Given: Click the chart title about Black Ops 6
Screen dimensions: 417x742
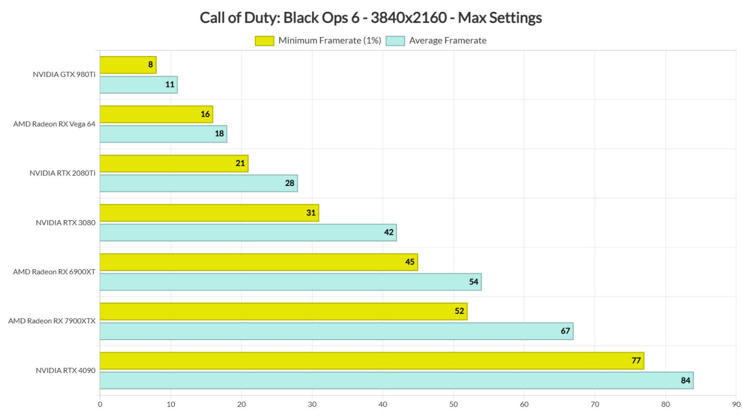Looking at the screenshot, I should [x=371, y=18].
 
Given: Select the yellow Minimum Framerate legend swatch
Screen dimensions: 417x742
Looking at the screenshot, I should [x=264, y=41].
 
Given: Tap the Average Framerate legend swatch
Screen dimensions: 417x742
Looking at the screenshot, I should [x=395, y=41].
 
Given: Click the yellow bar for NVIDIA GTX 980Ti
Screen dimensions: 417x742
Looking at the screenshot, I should [x=128, y=65].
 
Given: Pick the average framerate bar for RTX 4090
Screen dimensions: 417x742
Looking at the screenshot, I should [x=396, y=380].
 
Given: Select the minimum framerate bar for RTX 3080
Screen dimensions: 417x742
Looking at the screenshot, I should [x=209, y=213].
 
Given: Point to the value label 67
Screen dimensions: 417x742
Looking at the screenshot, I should [x=565, y=331].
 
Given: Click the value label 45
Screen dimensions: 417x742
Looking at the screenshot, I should [x=410, y=262].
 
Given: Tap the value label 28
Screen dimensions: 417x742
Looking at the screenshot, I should [x=289, y=183].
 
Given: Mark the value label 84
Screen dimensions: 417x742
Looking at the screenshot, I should [x=685, y=380].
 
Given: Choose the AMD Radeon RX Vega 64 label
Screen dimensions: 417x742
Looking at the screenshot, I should [x=54, y=124].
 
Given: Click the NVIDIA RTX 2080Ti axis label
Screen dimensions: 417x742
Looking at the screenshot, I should [x=62, y=173].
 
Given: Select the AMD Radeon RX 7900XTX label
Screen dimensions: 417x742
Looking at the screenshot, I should [x=52, y=321].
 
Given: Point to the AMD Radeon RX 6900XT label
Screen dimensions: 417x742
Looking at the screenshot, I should [x=54, y=272].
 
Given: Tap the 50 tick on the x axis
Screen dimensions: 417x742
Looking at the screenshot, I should [x=453, y=404].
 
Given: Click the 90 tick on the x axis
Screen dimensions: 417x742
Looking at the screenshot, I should [x=736, y=404].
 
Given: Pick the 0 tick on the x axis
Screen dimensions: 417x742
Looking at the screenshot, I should [x=100, y=404].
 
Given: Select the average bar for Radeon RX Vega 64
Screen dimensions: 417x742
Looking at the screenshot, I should [x=163, y=134].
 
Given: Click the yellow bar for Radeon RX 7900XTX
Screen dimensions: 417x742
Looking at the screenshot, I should [x=284, y=311].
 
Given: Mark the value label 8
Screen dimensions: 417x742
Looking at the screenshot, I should [x=151, y=65].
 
